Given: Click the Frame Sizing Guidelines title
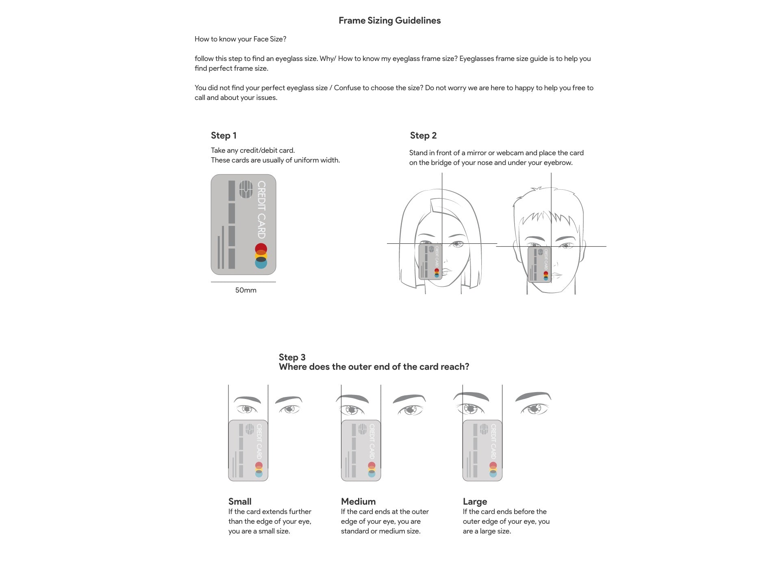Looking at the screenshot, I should [x=389, y=21].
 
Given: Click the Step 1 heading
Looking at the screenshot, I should [x=224, y=136].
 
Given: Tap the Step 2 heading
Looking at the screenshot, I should [x=423, y=136].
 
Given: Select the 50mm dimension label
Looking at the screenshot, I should [x=246, y=290].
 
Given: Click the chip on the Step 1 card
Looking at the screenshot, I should [x=246, y=189].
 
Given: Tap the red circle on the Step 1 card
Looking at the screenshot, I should [x=261, y=249].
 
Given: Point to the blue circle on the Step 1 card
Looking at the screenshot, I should [x=261, y=263].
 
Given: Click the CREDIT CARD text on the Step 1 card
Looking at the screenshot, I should [x=261, y=210].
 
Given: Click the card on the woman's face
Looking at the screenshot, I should [x=430, y=261].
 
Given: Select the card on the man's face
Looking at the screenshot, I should [x=539, y=264].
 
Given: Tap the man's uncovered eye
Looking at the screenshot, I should [x=566, y=246].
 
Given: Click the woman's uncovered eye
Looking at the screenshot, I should [x=457, y=244].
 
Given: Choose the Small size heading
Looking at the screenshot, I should [x=240, y=501].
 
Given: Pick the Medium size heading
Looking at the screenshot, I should [x=358, y=501].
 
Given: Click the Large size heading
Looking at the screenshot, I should [x=475, y=501].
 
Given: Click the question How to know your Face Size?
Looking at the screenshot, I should [x=240, y=39].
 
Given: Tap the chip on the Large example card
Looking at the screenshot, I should [x=484, y=429].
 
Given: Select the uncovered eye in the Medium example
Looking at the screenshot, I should [x=410, y=410].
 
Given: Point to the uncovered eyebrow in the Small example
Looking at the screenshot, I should [x=289, y=400].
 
